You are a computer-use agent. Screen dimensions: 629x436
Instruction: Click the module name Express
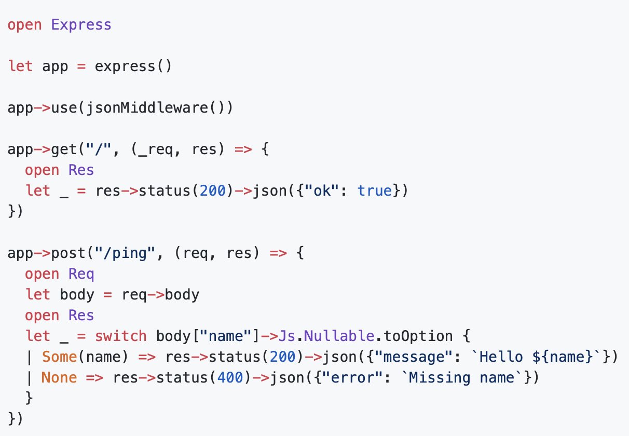point(81,25)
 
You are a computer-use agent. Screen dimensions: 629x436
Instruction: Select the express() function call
point(133,66)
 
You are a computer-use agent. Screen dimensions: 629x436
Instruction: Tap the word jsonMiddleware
point(147,108)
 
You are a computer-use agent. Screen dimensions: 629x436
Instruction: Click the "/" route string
point(99,149)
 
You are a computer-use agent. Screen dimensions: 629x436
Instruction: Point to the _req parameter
point(156,149)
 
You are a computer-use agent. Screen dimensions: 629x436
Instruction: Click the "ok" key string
point(322,190)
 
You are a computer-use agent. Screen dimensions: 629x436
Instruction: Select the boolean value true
point(375,191)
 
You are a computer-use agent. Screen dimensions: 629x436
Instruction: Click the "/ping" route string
point(125,253)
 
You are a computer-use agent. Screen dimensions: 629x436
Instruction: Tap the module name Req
point(81,274)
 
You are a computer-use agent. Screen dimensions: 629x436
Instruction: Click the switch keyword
point(121,336)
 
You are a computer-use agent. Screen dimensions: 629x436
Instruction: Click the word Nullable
point(339,336)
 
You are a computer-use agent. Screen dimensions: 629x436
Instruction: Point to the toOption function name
point(418,336)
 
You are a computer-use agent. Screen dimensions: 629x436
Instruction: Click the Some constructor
point(60,357)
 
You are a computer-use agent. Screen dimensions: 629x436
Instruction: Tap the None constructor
point(59,377)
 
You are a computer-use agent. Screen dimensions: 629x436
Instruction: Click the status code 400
point(230,377)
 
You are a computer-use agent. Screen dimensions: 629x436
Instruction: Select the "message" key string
point(414,357)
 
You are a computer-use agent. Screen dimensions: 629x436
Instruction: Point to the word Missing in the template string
point(440,377)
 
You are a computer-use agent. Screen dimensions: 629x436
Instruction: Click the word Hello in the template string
point(501,357)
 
